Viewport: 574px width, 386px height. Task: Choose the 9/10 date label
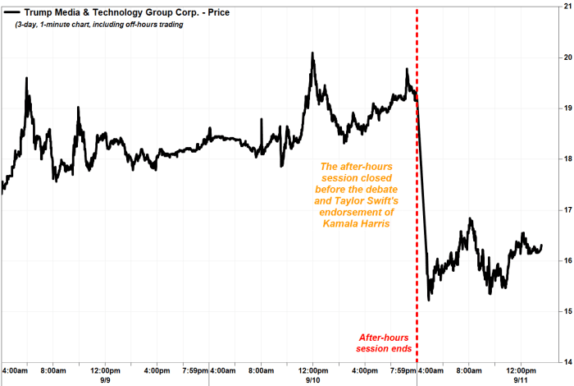point(312,379)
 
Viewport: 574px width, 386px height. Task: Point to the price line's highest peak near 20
point(312,53)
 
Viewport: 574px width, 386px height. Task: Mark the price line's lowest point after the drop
point(430,300)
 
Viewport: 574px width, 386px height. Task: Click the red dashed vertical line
point(417,246)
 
